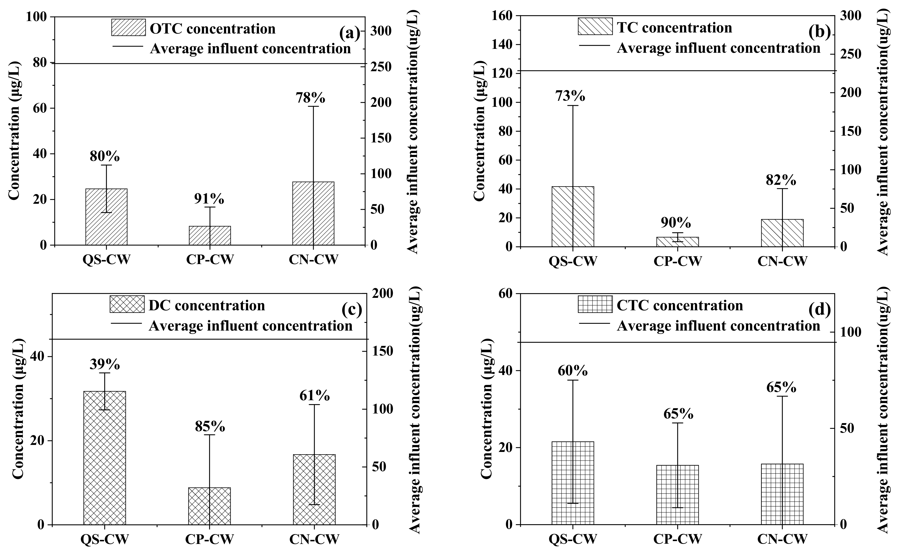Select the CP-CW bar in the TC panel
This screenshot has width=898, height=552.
[x=677, y=242]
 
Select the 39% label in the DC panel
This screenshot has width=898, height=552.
[x=105, y=364]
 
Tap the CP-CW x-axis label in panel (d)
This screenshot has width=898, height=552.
[x=677, y=538]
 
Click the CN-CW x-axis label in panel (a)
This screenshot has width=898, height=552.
[x=313, y=259]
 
